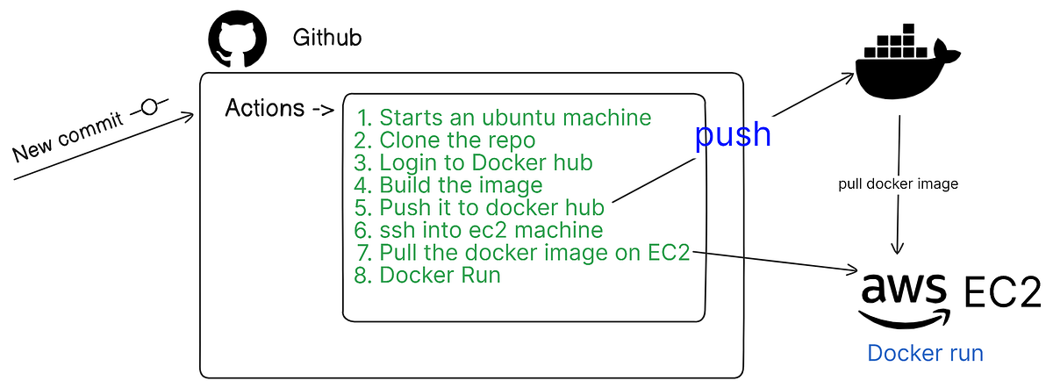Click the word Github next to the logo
pos(326,39)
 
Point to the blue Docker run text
pos(925,353)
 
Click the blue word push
pos(733,134)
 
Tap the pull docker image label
pos(899,184)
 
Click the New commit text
pos(68,137)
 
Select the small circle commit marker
pos(149,107)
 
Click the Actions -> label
pos(279,109)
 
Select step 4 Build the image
pos(448,185)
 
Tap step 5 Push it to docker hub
pos(480,208)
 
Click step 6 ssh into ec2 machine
pos(479,231)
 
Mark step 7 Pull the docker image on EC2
pos(523,253)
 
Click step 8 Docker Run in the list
pos(428,276)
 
